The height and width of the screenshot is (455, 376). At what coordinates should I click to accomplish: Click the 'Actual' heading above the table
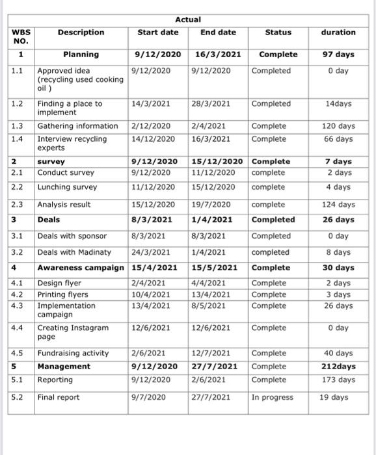(x=188, y=20)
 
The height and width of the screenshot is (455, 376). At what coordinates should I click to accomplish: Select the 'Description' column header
(x=81, y=32)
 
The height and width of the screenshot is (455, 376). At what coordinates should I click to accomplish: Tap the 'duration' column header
(x=338, y=32)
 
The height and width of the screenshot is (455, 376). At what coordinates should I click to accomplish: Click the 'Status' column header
(x=278, y=32)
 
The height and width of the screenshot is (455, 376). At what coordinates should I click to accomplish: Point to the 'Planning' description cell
(x=81, y=55)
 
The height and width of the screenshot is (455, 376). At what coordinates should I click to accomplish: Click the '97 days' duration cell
(x=338, y=55)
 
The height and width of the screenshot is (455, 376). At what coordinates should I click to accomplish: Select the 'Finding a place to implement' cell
(x=70, y=108)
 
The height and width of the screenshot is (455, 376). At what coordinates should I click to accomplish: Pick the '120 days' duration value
(x=338, y=126)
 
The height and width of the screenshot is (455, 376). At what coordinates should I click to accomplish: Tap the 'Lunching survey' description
(x=67, y=187)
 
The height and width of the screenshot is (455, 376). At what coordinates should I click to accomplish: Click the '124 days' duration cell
(x=338, y=205)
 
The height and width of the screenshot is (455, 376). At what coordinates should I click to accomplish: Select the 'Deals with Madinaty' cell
(x=74, y=252)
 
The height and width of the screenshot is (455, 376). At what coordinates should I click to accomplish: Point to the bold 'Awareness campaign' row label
(x=81, y=268)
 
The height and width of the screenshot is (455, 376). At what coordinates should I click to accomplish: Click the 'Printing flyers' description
(x=63, y=294)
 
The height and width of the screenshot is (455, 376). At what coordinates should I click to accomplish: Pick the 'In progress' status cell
(x=272, y=397)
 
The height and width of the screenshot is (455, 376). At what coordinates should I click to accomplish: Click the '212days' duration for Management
(x=338, y=367)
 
